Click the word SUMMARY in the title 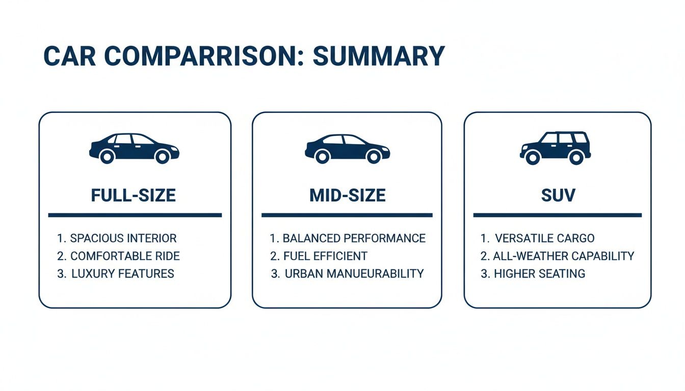379,56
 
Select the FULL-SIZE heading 134,195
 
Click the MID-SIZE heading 347,195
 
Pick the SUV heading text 557,195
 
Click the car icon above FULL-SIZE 134,148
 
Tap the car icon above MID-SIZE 347,148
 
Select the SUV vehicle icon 556,148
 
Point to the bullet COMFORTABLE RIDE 125,256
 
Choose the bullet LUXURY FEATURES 122,273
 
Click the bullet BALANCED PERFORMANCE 354,238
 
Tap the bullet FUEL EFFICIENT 325,256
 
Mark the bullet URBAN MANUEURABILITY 354,273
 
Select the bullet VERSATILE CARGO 544,238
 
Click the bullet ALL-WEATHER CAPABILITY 563,256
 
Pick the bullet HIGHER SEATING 539,273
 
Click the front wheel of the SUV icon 533,158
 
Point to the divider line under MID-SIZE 347,215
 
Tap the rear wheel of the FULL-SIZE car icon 107,157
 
